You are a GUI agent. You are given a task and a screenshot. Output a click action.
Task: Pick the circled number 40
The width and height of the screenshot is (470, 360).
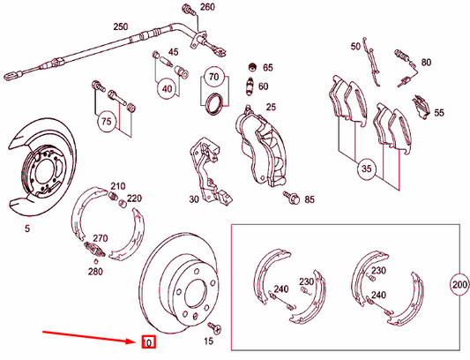167,87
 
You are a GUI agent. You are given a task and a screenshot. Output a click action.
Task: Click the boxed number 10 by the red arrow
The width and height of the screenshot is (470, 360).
148,341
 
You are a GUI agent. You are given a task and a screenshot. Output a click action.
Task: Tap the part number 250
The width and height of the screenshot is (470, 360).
121,26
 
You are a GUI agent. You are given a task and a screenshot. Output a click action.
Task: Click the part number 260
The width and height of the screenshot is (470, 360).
207,7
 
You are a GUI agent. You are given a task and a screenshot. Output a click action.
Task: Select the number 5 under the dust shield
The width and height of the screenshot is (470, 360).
27,229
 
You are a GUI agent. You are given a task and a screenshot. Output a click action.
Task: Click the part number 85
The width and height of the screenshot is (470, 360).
310,199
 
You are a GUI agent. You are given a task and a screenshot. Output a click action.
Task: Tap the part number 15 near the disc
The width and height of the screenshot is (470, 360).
209,341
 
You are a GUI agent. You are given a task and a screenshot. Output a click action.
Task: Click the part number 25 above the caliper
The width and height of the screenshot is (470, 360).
271,107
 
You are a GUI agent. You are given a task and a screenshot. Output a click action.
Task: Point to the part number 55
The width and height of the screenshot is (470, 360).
438,113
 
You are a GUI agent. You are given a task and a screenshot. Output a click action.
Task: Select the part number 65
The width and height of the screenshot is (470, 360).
268,67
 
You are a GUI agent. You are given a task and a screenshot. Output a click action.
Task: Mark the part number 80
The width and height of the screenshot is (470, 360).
426,63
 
